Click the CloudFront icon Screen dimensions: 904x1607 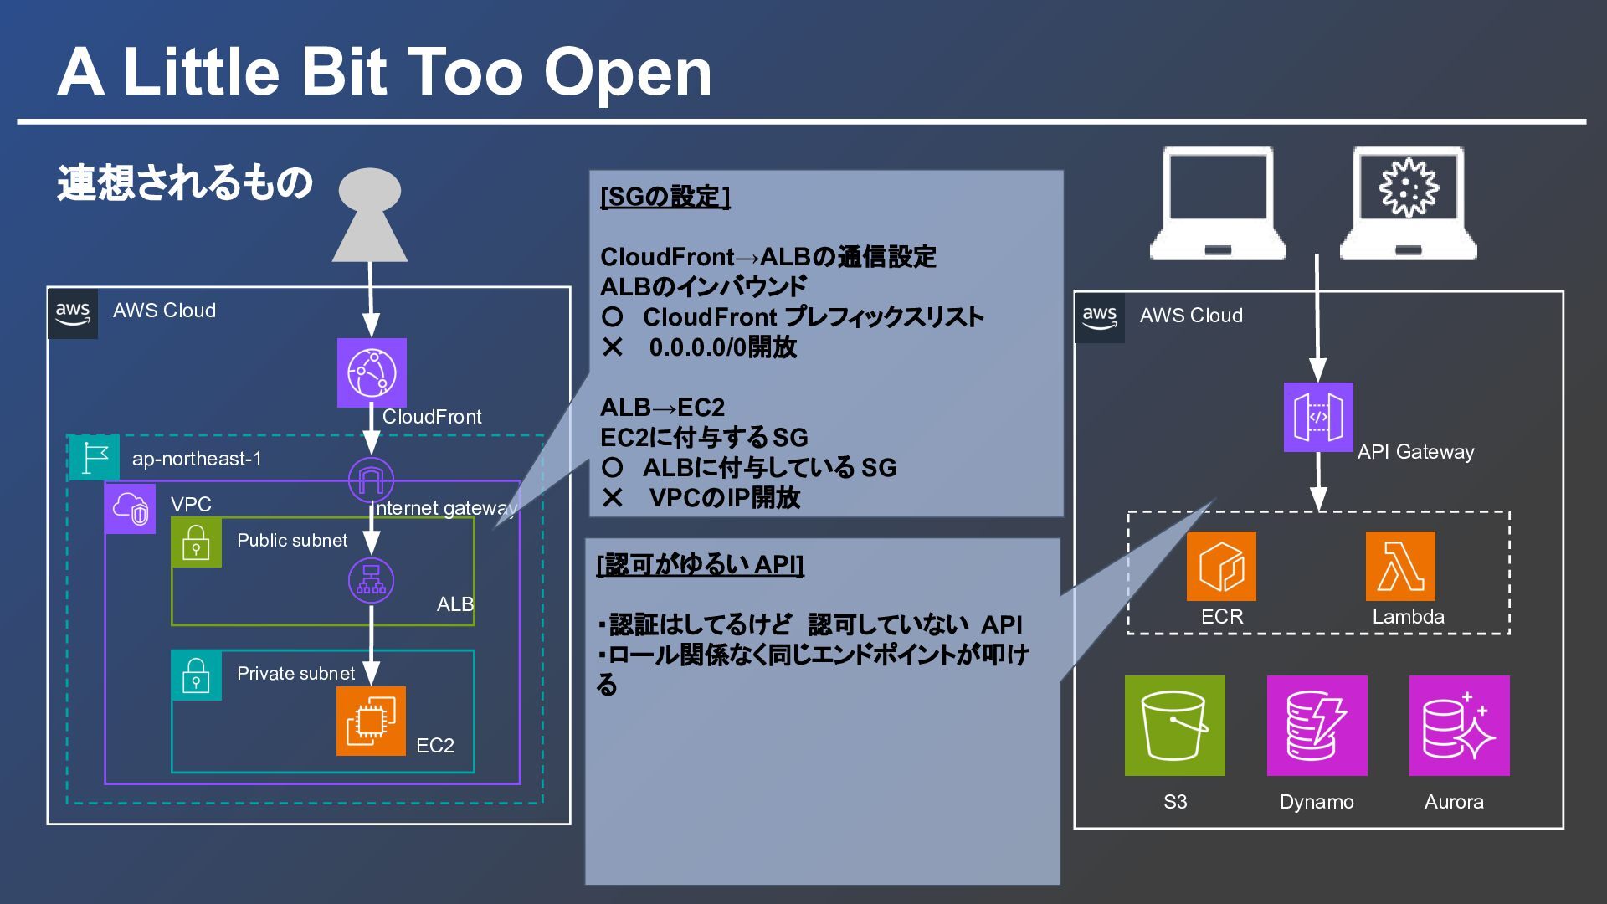(372, 372)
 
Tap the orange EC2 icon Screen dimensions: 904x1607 (371, 721)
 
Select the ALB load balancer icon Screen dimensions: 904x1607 (371, 580)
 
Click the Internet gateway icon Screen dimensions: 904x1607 (371, 480)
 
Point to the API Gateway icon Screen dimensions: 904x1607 (1318, 417)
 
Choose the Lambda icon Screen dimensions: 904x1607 (1400, 566)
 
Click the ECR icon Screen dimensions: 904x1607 (1221, 566)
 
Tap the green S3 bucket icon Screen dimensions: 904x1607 (1174, 725)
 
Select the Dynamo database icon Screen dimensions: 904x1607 (1317, 725)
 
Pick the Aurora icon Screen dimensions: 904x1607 (1459, 725)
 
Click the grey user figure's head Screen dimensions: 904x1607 (369, 190)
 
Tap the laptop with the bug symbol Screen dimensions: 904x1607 (1409, 203)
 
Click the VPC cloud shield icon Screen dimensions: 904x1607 (130, 508)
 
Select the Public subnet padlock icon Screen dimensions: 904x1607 (196, 542)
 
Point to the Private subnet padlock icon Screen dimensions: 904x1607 (196, 675)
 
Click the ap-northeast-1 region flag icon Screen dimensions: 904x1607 (94, 457)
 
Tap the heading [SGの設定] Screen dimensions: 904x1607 (665, 197)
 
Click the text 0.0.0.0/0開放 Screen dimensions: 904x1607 (722, 347)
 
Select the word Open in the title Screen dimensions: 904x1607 (628, 73)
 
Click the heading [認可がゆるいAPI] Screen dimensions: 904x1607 (700, 565)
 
